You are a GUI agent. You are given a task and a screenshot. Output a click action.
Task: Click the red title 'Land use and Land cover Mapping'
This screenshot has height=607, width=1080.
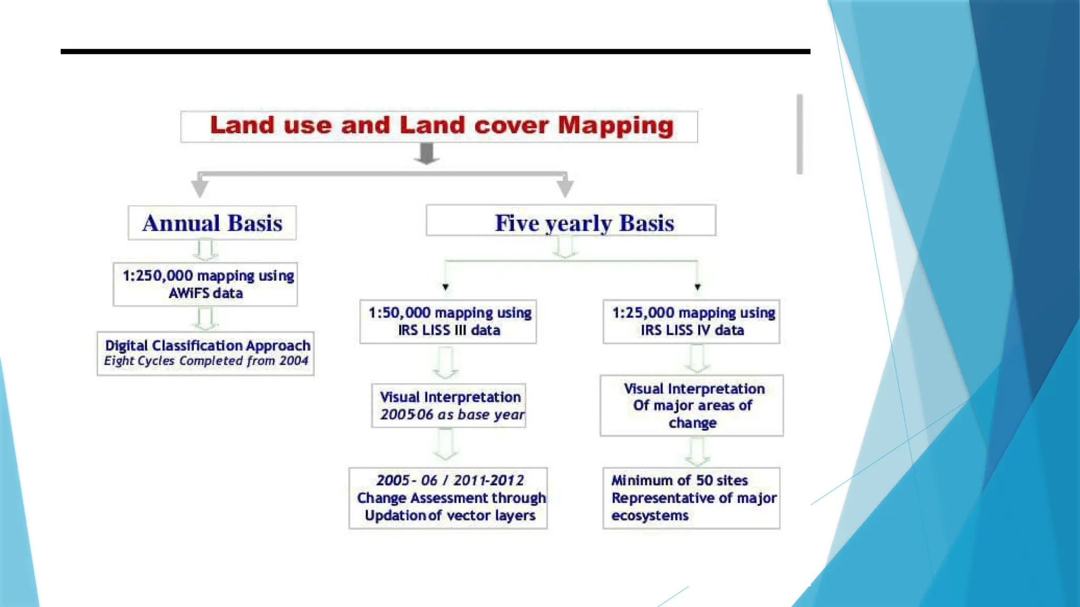(441, 126)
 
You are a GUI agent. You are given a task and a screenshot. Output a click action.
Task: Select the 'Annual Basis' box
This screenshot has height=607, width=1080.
(212, 223)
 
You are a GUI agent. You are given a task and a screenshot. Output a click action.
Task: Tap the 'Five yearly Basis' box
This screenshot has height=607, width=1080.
(571, 221)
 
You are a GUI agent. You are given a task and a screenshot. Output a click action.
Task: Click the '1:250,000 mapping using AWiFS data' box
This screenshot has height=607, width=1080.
(205, 284)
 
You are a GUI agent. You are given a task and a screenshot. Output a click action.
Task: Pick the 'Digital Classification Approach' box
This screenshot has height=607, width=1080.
(206, 353)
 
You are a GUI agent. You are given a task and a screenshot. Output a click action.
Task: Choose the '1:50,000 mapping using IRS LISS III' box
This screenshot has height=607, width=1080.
(448, 321)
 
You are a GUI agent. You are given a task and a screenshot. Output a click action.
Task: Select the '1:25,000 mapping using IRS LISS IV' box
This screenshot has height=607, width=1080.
(691, 321)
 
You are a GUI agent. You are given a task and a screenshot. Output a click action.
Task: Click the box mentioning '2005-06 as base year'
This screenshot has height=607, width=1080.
(449, 405)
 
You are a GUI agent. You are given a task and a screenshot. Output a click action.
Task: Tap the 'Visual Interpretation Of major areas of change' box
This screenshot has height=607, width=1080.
(691, 405)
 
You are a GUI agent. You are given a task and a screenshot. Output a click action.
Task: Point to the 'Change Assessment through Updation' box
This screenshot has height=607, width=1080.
(448, 498)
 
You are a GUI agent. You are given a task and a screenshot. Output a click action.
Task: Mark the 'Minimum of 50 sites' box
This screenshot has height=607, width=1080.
(691, 498)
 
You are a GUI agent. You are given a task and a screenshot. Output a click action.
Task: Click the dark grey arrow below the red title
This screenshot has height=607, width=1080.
(427, 154)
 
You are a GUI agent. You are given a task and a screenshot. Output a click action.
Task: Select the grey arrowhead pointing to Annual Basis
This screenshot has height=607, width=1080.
(200, 188)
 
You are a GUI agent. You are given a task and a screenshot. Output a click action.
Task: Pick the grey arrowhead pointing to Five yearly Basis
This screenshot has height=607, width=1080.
(565, 188)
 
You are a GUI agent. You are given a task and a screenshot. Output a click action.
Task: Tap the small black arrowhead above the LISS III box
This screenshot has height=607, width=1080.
(446, 287)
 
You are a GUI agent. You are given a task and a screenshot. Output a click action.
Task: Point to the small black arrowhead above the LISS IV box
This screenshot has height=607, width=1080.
(698, 287)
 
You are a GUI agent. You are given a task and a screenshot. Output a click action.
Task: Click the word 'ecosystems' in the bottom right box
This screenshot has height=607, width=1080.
(650, 516)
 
